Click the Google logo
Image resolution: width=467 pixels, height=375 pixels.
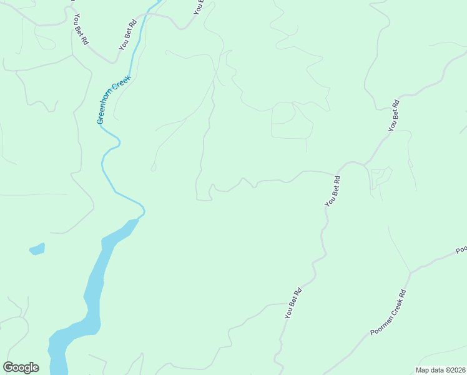tap(21, 367)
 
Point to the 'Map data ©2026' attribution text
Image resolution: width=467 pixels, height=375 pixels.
tap(440, 370)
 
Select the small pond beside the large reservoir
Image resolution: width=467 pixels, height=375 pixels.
tap(37, 249)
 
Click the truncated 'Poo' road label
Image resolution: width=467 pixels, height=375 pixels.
tap(461, 249)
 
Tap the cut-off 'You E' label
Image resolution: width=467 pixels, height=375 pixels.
tap(199, 7)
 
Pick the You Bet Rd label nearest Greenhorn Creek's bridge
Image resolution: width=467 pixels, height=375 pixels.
tap(127, 36)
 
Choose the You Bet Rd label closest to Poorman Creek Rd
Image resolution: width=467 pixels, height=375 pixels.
tap(293, 303)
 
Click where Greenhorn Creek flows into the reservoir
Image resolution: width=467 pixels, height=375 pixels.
tap(138, 219)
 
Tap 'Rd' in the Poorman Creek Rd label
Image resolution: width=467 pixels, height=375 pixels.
tap(403, 292)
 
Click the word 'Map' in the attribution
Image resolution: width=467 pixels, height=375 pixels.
tap(423, 370)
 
